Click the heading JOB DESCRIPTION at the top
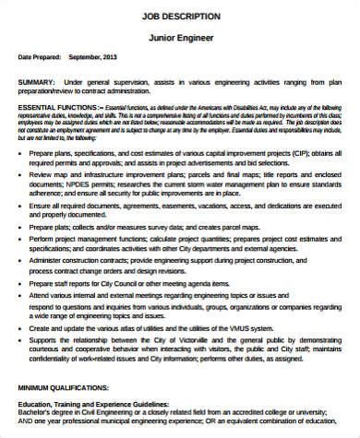[x=179, y=16]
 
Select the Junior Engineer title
[x=179, y=38]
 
